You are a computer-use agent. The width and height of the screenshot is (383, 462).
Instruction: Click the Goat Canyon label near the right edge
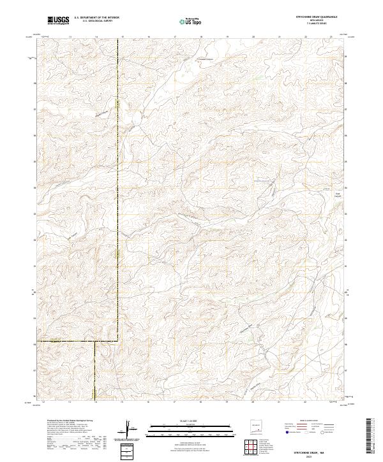click(x=339, y=194)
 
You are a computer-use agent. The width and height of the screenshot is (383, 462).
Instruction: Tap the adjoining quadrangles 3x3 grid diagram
click(x=254, y=444)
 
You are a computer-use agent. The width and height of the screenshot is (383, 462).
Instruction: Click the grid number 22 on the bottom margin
click(x=306, y=403)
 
